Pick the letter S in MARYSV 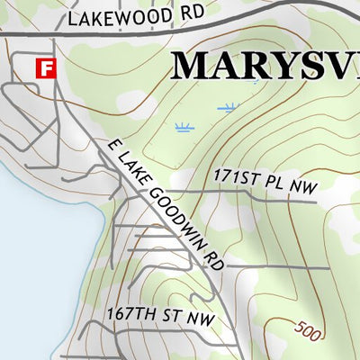point(307,66)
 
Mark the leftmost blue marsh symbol point(184,127)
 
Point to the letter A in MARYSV point(230,66)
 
